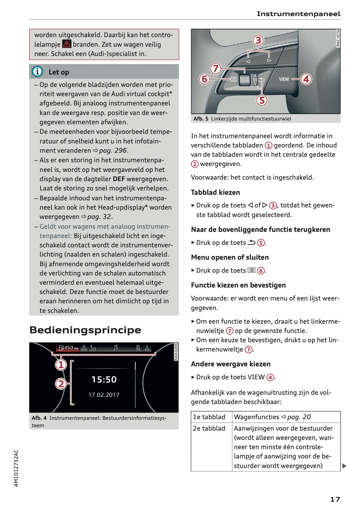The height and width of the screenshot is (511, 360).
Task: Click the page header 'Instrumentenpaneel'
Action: (x=299, y=14)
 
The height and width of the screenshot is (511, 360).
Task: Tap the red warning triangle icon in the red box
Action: (x=66, y=44)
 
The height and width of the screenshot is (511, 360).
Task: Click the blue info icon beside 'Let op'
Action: (x=37, y=72)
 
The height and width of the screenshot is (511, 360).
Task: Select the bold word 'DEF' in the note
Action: (x=119, y=179)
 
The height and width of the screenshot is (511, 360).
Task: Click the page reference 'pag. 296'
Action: (x=113, y=151)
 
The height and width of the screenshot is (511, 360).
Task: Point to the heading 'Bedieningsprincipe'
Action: (x=85, y=330)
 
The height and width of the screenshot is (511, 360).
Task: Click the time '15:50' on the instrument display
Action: (x=104, y=380)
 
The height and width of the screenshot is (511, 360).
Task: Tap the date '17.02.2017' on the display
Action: (x=104, y=395)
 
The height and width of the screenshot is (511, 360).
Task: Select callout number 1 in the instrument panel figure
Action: (x=61, y=365)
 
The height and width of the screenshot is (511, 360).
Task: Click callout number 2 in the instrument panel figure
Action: (x=61, y=384)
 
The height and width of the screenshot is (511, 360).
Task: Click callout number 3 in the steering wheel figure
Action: (x=258, y=40)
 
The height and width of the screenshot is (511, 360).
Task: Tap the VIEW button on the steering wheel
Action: (x=284, y=79)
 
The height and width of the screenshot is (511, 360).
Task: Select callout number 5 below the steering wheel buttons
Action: (x=262, y=100)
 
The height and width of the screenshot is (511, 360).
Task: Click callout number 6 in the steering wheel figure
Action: (x=204, y=79)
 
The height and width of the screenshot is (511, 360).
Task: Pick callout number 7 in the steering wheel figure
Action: (x=215, y=68)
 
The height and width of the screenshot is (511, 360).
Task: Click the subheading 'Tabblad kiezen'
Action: (x=215, y=192)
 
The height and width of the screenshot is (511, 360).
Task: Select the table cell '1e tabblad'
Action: (x=209, y=417)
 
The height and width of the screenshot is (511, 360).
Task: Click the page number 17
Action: (x=335, y=499)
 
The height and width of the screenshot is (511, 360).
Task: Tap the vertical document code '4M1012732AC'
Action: (x=16, y=468)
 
